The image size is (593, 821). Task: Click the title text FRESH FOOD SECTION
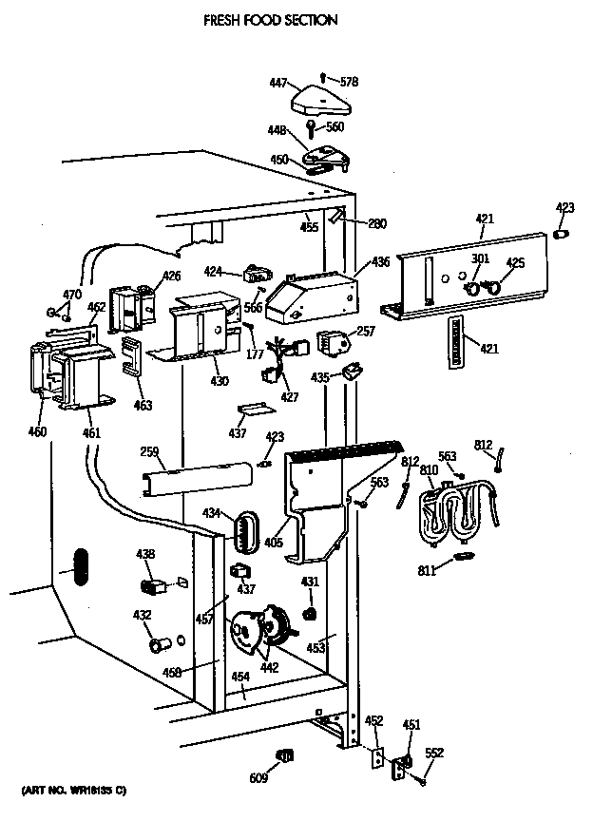click(x=270, y=18)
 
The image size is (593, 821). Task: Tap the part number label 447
click(x=278, y=84)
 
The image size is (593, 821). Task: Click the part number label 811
click(x=429, y=571)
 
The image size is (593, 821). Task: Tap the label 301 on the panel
click(x=480, y=258)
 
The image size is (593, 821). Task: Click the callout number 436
click(x=380, y=260)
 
